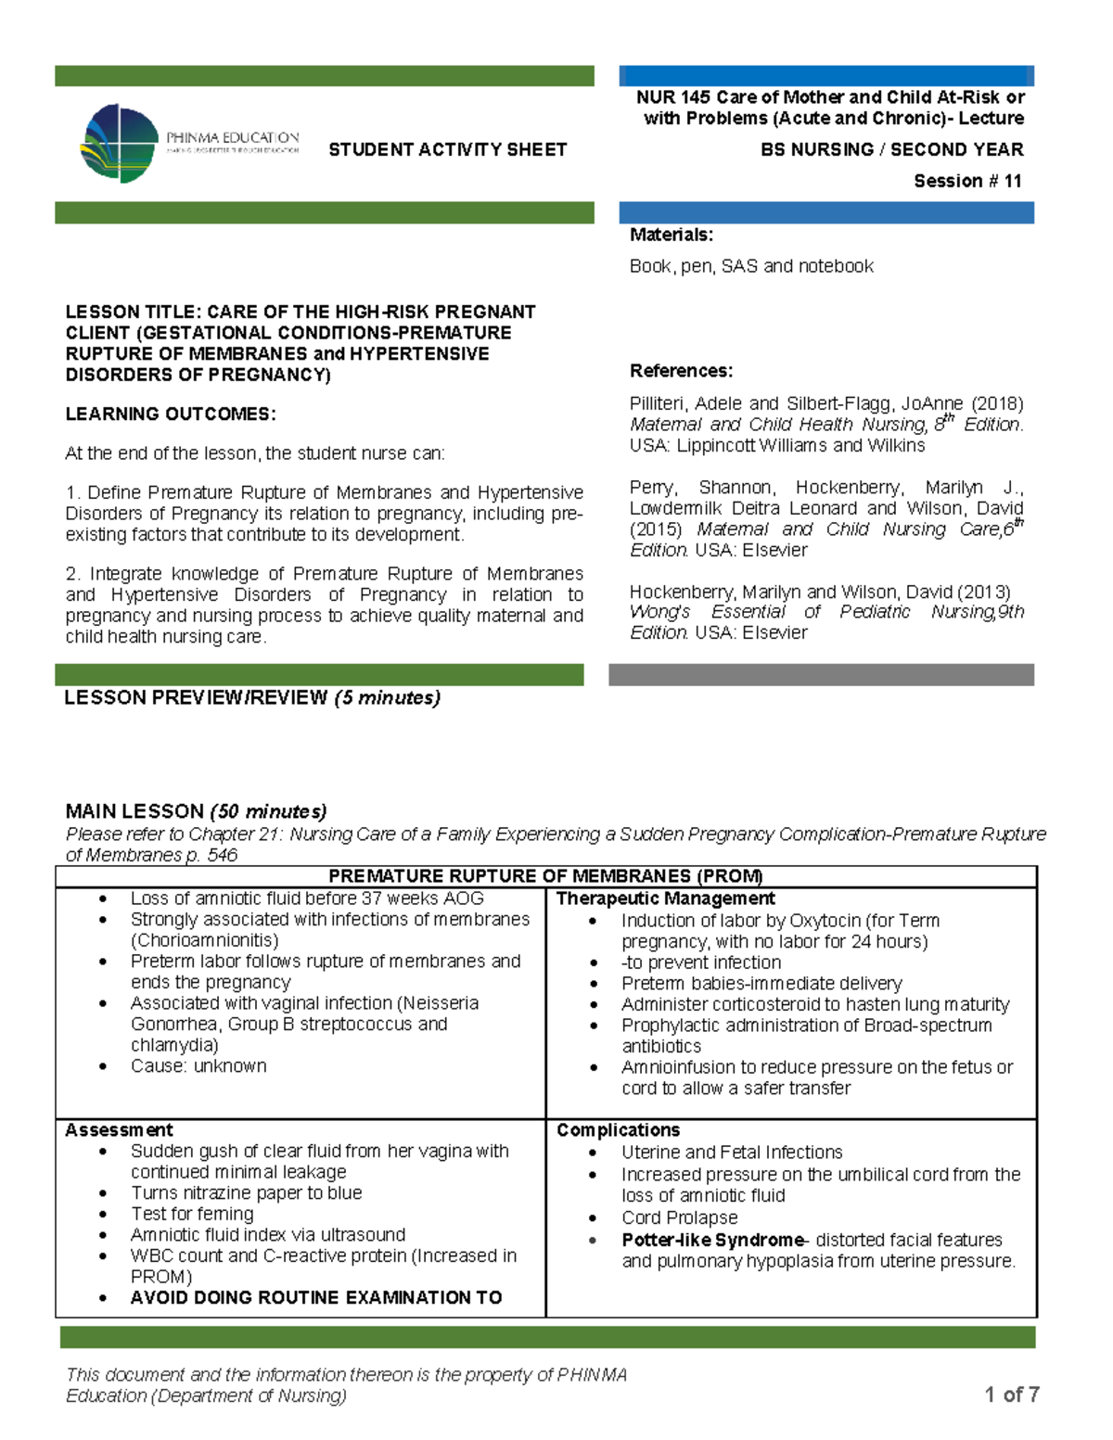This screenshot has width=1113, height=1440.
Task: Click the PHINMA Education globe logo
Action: pos(121,143)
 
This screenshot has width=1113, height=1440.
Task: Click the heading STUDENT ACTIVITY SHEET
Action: pos(447,149)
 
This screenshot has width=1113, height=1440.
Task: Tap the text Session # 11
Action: pos(967,181)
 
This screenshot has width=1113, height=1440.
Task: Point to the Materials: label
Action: pos(672,235)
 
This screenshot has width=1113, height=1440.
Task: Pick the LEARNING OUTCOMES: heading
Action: pos(171,414)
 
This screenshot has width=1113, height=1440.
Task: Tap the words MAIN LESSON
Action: pos(134,811)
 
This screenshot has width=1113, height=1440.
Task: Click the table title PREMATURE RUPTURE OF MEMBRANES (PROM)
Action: pos(545,876)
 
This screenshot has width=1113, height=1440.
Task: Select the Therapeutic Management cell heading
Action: pos(665,898)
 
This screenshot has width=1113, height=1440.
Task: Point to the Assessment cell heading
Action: pos(119,1130)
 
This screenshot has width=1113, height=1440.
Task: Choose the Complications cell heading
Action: pos(618,1130)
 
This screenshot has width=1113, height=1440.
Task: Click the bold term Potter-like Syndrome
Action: pos(712,1240)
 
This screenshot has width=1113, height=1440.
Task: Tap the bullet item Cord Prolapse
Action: pos(680,1217)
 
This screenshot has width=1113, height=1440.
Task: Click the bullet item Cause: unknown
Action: pos(198,1066)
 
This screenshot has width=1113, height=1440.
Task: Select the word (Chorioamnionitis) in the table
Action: pos(204,940)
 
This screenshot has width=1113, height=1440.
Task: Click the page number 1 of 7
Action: pos(1011,1395)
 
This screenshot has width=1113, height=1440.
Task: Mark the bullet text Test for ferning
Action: pos(192,1214)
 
